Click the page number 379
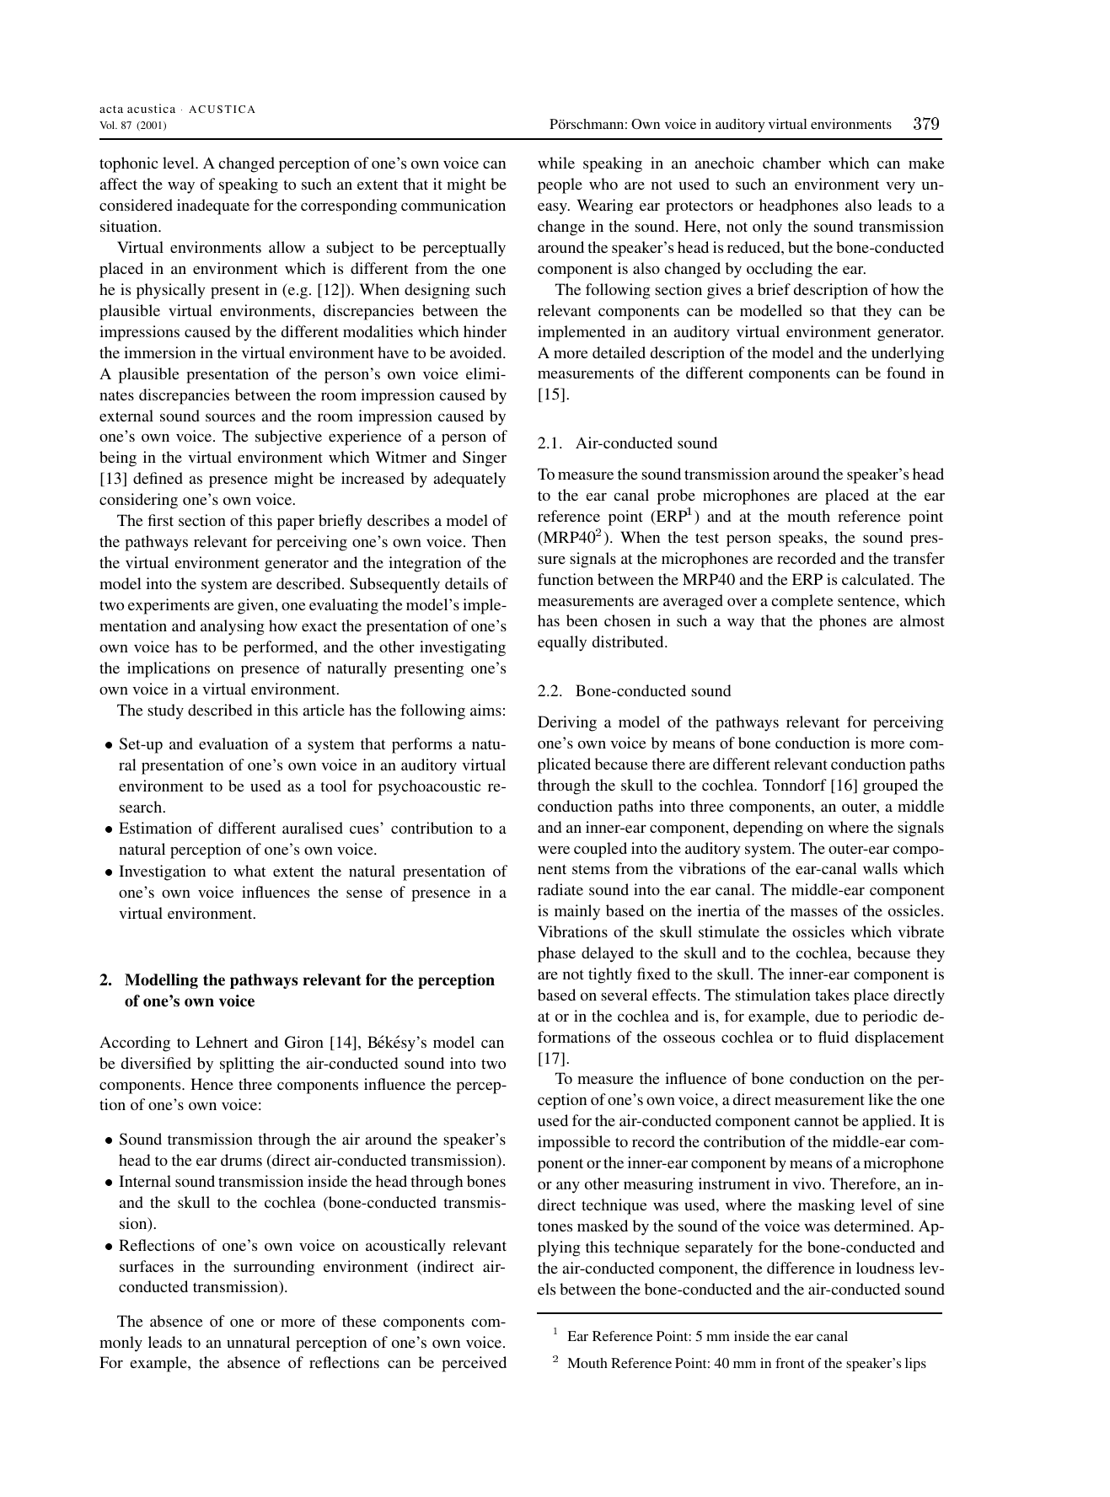(925, 124)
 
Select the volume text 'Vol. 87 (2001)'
(132, 126)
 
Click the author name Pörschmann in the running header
(587, 125)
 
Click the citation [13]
(112, 479)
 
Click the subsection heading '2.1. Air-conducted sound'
(627, 443)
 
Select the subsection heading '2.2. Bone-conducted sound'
(634, 691)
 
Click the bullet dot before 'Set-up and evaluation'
(109, 746)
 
